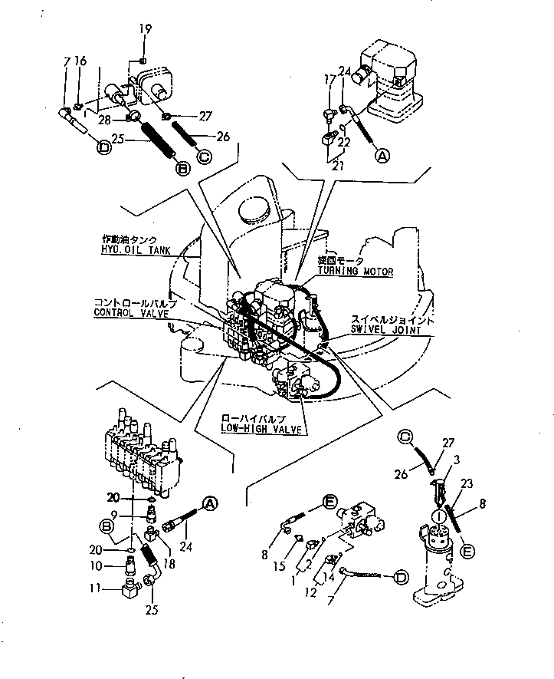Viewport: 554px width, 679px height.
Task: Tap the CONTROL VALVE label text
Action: pos(126,312)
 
